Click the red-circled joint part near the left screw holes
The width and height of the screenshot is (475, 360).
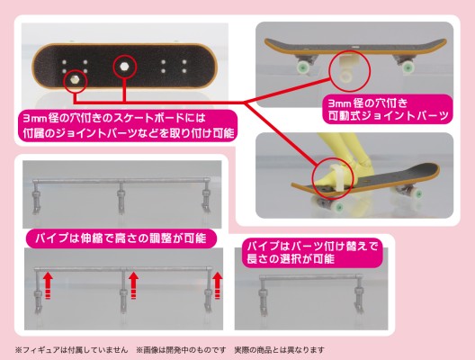point(73,80)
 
